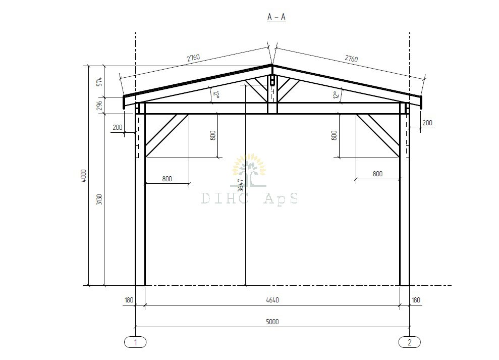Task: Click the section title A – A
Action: [x=276, y=17]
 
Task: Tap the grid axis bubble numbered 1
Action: [x=135, y=342]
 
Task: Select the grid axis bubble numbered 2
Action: [x=410, y=342]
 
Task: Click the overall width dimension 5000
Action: [x=272, y=322]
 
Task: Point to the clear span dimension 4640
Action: [x=272, y=300]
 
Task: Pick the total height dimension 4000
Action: [x=84, y=176]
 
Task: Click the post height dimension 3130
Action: [x=99, y=199]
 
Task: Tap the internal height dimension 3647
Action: [x=241, y=185]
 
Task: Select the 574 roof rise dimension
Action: [x=99, y=82]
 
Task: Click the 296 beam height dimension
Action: [x=99, y=106]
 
